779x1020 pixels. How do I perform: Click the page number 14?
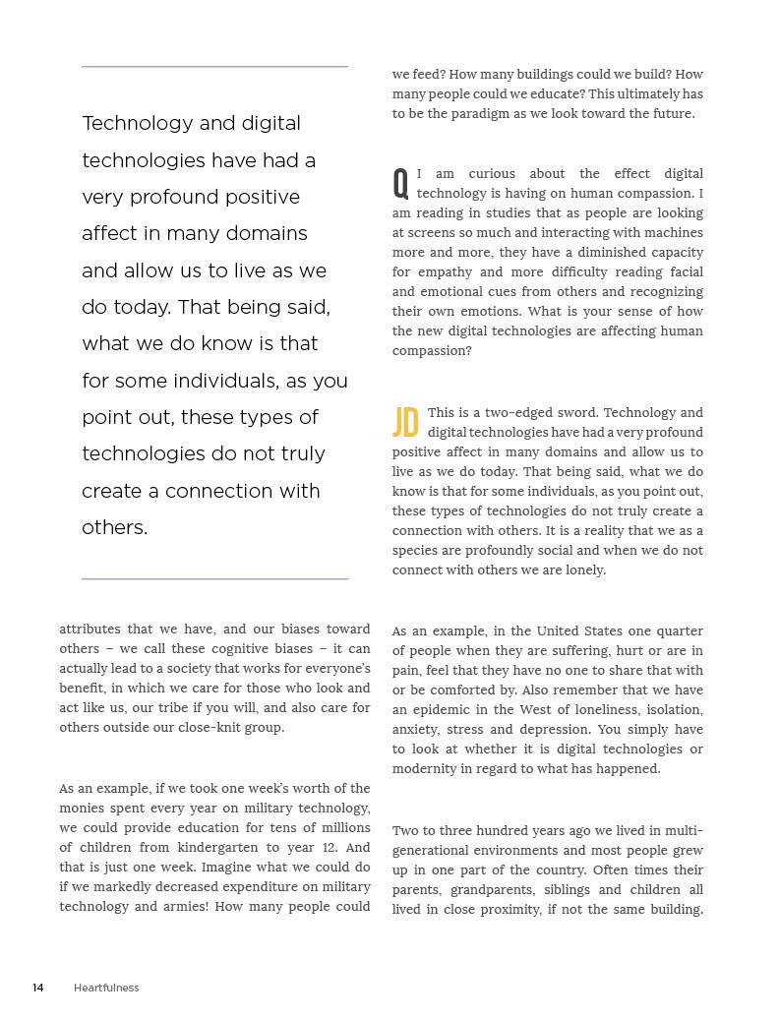click(38, 988)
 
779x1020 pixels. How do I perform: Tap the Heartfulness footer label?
click(106, 988)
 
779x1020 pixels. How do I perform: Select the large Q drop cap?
click(400, 183)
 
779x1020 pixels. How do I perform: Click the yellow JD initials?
click(405, 422)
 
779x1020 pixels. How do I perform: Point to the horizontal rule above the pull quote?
click(214, 67)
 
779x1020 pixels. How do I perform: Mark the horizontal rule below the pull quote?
click(214, 579)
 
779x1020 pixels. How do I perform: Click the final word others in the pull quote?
click(114, 527)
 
